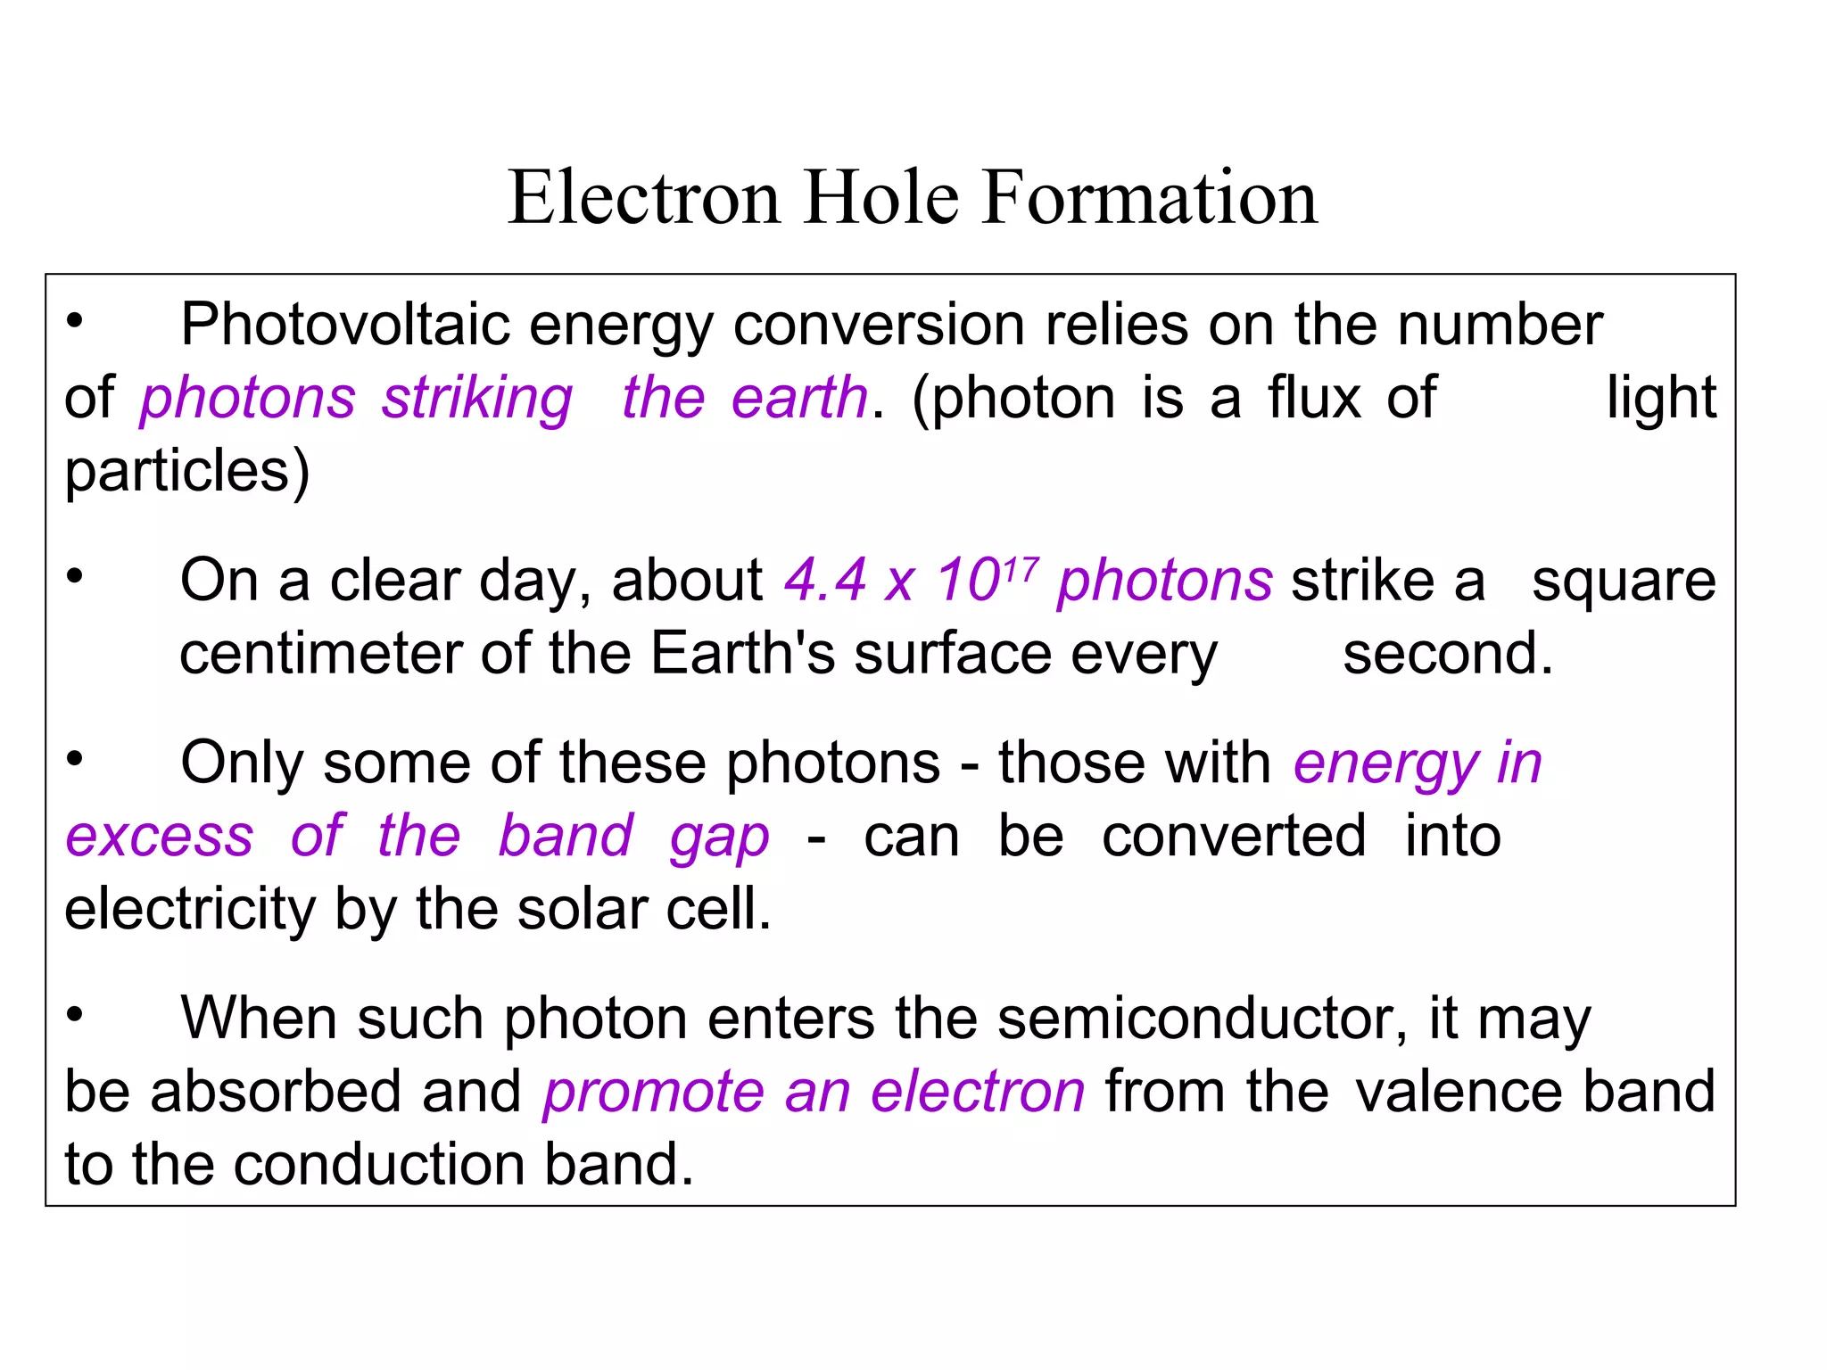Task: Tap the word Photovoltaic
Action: tap(344, 325)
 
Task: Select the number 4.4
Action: tap(825, 581)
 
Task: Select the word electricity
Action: tap(190, 910)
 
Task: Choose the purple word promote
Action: tap(654, 1093)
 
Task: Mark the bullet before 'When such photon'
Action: tap(75, 1014)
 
